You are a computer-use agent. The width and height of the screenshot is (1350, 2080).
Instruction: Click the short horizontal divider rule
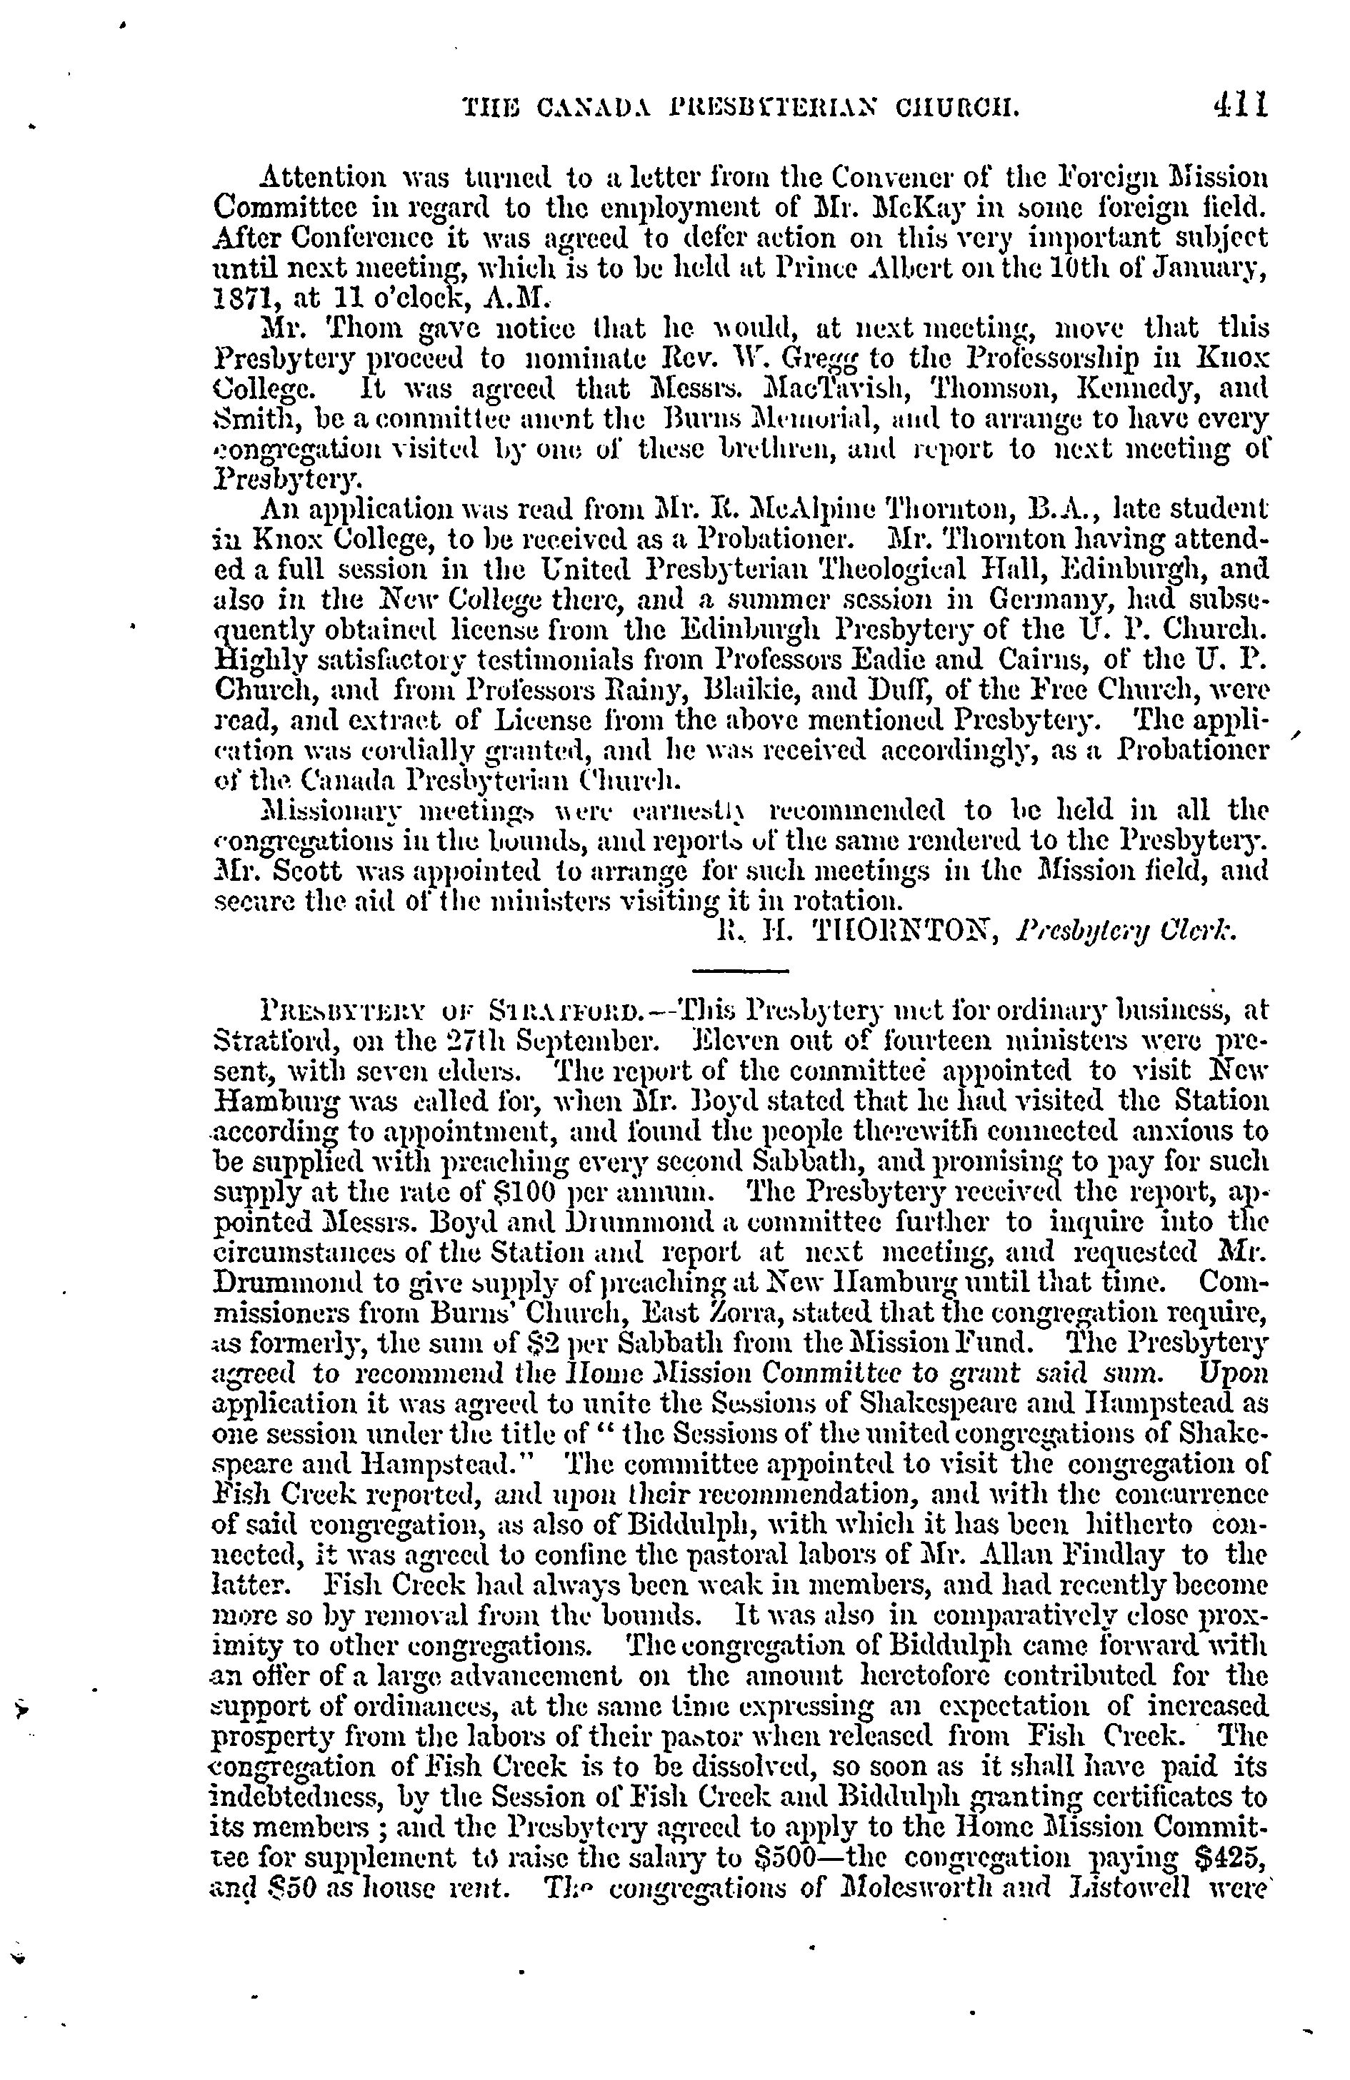point(741,969)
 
